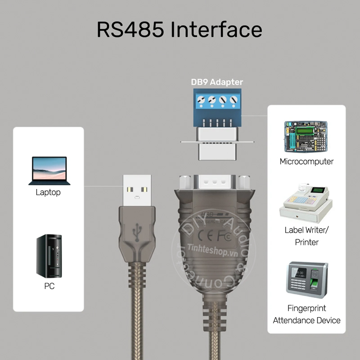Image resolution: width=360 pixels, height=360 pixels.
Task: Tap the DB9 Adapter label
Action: [217, 82]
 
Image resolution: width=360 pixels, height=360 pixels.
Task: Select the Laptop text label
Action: [48, 193]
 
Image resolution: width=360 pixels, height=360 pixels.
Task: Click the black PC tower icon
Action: [49, 256]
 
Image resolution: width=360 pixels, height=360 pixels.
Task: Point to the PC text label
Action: [49, 286]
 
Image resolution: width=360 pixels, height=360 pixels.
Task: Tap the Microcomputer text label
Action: [306, 162]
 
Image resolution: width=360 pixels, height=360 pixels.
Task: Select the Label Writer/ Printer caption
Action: [306, 236]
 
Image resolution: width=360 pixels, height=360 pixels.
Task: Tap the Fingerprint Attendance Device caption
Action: [306, 315]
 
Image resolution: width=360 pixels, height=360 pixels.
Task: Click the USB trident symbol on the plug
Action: [137, 231]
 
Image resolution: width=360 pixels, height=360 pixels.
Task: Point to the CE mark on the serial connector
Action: [201, 234]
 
